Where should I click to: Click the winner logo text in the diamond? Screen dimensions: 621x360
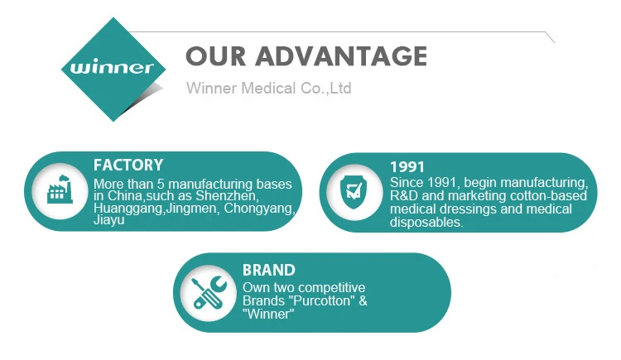pos(112,67)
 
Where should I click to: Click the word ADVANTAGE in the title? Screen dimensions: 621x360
pos(341,55)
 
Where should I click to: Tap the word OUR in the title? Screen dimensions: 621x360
pos(216,55)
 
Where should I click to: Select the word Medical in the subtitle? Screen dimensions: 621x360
pos(268,88)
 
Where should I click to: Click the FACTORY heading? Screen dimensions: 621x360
pos(128,165)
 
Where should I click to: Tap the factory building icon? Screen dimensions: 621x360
pos(60,190)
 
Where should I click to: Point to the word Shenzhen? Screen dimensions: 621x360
pos(227,195)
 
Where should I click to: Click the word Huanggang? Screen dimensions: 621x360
pos(128,209)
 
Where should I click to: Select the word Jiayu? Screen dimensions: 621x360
pos(109,220)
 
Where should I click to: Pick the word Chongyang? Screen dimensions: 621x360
pos(259,208)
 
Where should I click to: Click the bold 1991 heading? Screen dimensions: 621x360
pos(407,166)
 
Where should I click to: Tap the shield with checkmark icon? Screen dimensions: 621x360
pos(354,192)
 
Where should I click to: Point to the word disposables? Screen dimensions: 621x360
pos(426,222)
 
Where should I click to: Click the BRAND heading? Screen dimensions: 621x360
pos(269,270)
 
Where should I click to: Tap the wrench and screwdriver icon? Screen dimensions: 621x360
pos(209,293)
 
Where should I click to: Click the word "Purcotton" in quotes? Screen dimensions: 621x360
pos(321,300)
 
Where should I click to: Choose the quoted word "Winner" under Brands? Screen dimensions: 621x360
pos(268,314)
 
